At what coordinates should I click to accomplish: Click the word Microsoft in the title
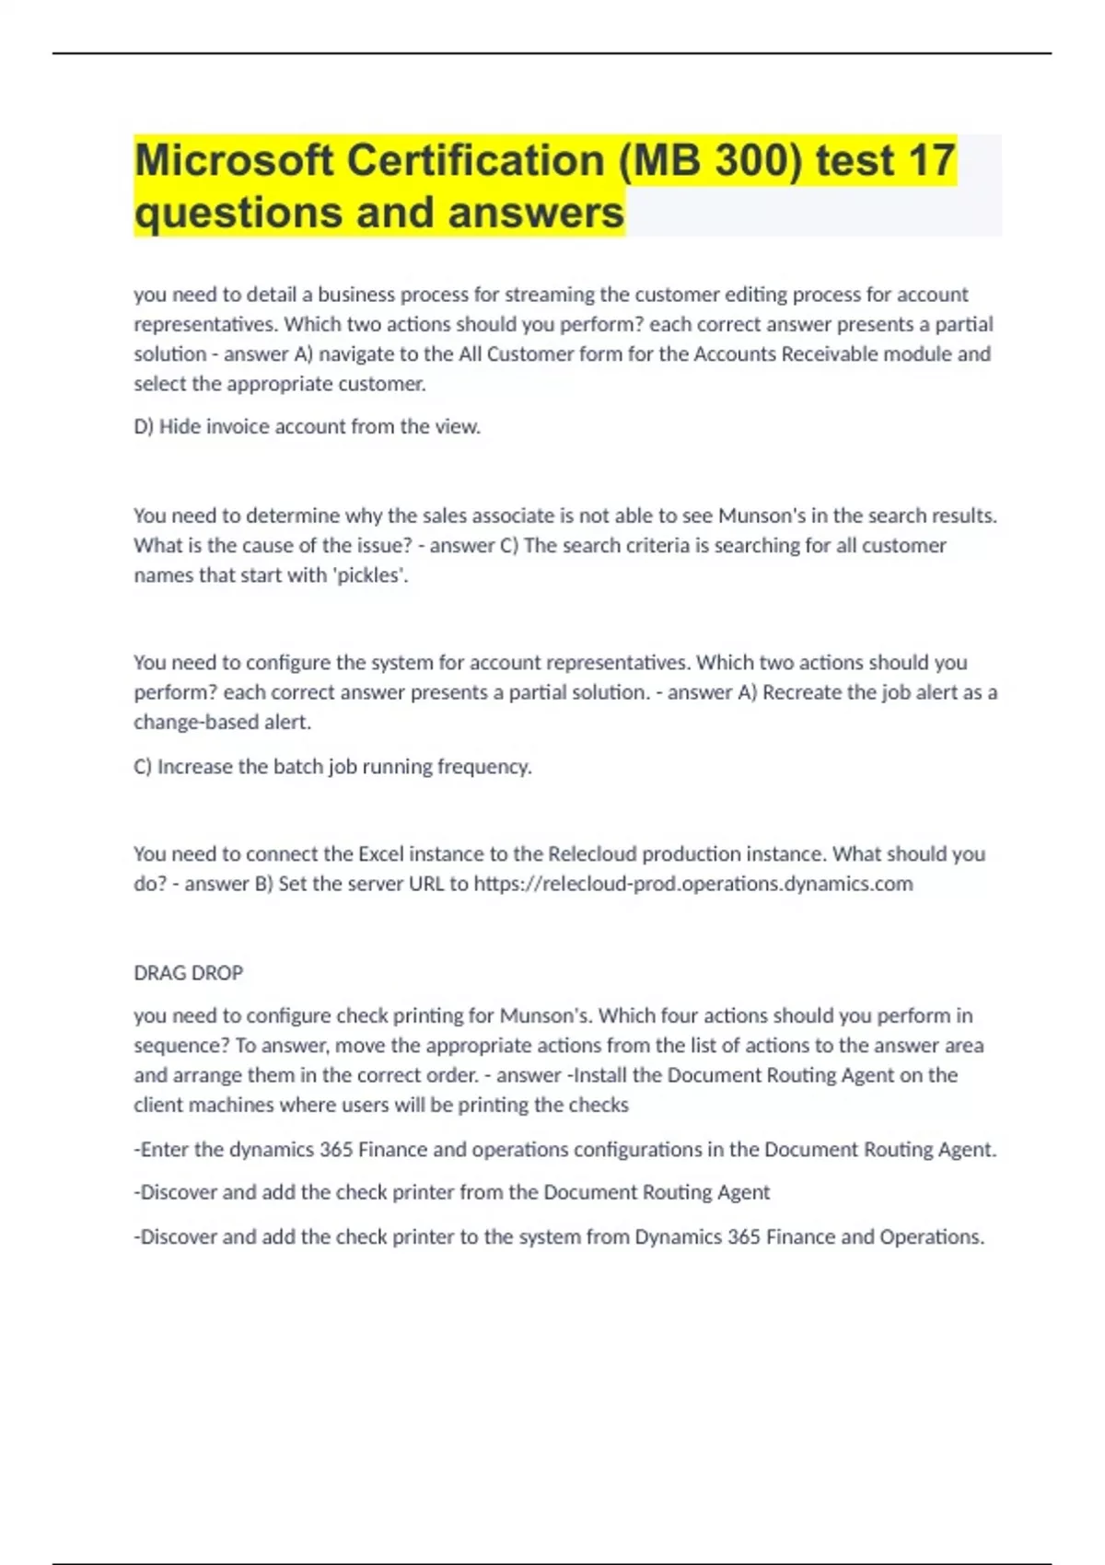click(x=234, y=161)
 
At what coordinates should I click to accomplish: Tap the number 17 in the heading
click(x=931, y=161)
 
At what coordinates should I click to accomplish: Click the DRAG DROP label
click(x=188, y=973)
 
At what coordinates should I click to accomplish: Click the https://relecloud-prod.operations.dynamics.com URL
click(x=692, y=884)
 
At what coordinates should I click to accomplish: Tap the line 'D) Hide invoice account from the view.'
click(x=307, y=427)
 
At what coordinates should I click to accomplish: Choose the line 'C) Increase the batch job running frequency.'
click(x=332, y=767)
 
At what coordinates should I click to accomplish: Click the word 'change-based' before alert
click(x=195, y=723)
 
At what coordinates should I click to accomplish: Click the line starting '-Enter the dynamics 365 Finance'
click(x=564, y=1150)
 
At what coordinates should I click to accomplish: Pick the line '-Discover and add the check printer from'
click(x=451, y=1192)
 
